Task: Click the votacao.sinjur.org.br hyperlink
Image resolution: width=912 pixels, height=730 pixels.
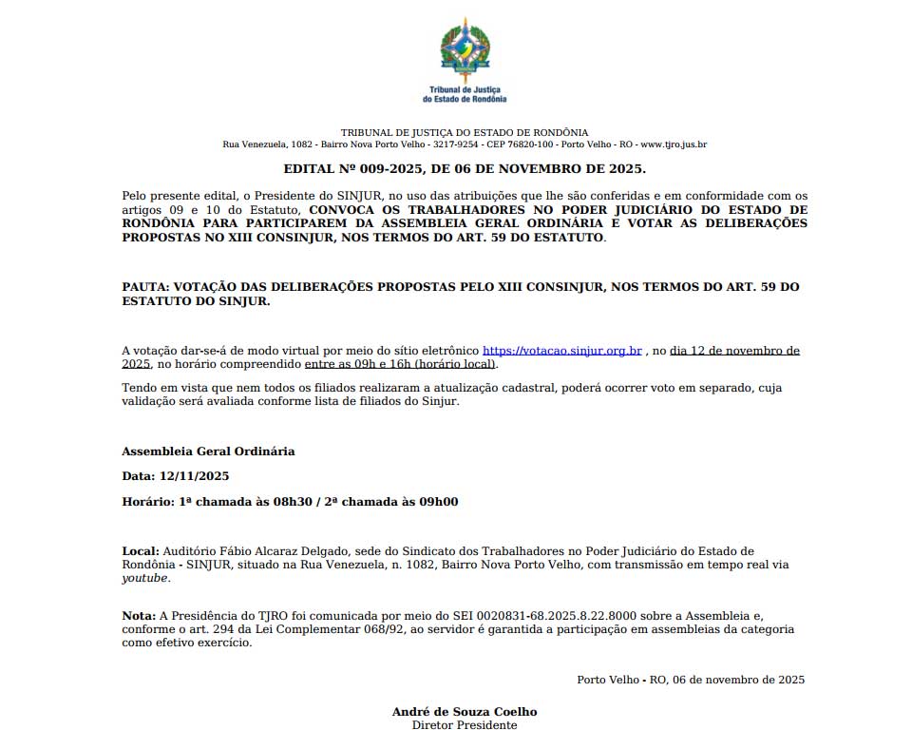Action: click(562, 351)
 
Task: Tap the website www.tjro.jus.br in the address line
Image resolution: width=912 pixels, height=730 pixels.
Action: click(674, 144)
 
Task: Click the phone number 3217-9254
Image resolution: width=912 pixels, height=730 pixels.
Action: click(456, 144)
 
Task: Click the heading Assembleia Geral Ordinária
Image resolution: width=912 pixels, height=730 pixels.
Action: click(208, 451)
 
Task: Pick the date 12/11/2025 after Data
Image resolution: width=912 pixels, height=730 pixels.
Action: click(194, 476)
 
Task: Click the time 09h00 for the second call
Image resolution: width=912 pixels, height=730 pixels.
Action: click(439, 502)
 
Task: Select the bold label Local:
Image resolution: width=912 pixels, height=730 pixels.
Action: click(141, 551)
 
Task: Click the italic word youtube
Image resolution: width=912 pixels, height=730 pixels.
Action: click(145, 578)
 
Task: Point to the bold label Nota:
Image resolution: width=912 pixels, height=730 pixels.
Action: click(139, 616)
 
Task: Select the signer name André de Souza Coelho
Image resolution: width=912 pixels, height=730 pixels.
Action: click(465, 712)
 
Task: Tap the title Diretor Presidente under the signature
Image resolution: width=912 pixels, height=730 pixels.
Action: click(465, 725)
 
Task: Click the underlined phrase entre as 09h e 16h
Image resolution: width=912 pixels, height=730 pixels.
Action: click(365, 364)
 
